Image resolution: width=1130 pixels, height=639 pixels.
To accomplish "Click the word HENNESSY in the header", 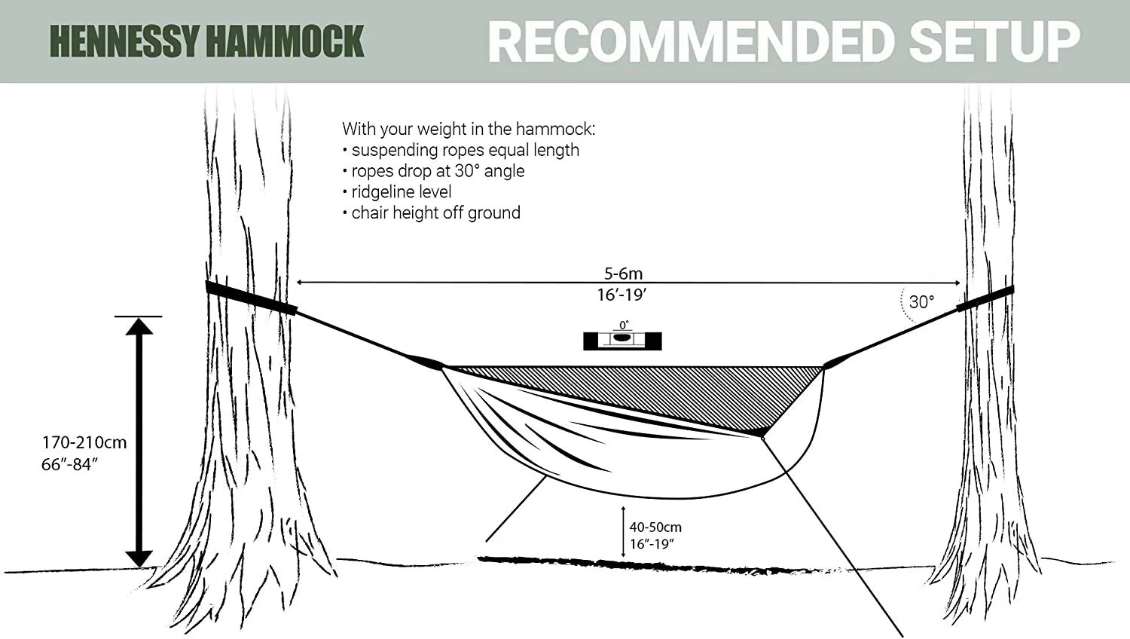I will coord(125,42).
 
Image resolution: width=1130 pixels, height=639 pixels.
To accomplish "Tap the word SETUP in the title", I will coord(994,42).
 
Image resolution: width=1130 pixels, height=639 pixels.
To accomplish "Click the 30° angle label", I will coord(921,302).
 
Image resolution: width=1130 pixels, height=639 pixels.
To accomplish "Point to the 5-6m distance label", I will coord(623,274).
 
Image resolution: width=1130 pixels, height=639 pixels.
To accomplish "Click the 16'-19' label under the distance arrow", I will coord(621,295).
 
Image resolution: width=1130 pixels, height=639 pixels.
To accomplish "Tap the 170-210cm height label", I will coord(84,443).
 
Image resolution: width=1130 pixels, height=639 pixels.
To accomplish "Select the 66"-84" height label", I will coord(69,465).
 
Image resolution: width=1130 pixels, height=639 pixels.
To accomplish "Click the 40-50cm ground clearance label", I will coord(655,527).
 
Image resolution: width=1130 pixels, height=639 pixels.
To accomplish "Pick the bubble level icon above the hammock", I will coord(622,341).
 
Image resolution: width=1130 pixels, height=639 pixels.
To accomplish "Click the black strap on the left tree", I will coord(251,298).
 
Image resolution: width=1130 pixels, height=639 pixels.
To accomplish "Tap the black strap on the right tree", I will coord(985,298).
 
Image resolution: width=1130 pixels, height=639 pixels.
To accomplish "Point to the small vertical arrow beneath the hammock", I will coord(623,532).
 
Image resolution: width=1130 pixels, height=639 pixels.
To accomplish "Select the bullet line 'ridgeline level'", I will coord(401,192).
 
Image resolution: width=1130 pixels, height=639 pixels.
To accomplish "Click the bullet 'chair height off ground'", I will coord(435,213).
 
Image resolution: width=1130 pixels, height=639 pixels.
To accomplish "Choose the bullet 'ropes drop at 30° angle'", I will coord(437,171).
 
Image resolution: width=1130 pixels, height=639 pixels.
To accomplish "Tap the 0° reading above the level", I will coord(624,326).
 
